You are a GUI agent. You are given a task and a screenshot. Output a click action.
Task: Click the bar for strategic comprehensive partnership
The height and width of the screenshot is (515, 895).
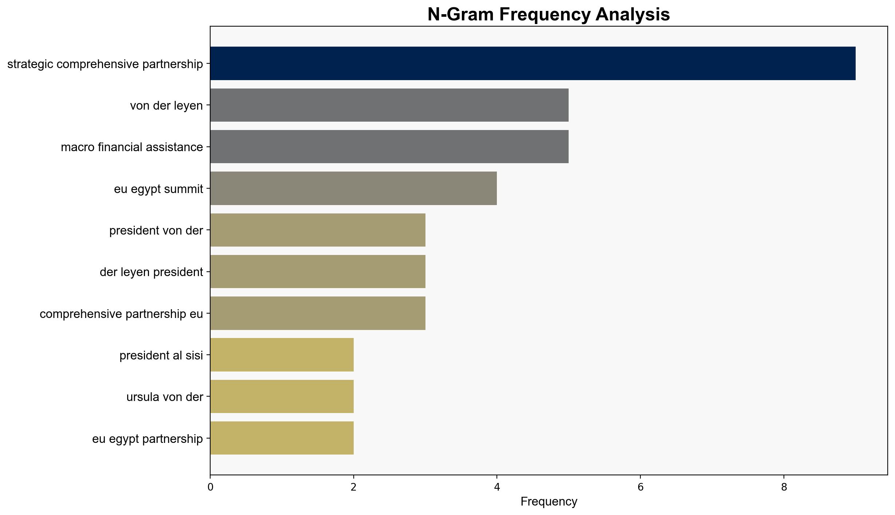point(533,63)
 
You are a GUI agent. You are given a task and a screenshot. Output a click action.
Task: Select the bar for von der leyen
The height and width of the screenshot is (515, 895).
point(389,105)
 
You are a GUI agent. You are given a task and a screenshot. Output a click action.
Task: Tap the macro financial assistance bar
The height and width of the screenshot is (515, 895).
point(389,147)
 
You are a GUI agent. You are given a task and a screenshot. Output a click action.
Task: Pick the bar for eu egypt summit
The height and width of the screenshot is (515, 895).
point(354,188)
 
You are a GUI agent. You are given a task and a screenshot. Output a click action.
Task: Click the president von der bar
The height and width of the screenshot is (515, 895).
point(318,230)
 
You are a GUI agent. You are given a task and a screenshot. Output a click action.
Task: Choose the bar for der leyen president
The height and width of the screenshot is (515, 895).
point(318,272)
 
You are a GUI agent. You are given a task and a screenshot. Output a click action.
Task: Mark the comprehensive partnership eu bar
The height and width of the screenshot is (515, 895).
point(318,313)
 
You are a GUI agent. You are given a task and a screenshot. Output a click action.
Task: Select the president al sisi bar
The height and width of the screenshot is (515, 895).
point(282,355)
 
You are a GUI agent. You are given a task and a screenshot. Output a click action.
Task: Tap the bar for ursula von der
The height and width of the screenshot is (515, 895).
point(282,397)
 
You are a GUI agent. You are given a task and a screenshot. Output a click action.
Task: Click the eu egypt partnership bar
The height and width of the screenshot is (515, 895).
point(282,438)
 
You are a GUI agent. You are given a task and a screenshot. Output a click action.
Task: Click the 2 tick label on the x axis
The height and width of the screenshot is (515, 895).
point(353,487)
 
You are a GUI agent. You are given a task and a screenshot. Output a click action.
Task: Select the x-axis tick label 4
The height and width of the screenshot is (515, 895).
point(497,487)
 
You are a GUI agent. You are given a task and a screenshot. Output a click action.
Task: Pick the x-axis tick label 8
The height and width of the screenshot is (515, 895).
point(784,487)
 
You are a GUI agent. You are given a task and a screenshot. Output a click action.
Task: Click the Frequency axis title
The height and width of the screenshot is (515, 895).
point(549,502)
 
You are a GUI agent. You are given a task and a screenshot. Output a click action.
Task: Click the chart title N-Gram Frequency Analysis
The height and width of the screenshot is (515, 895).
point(549,15)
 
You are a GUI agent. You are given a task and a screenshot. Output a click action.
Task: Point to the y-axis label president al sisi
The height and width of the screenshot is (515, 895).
point(161,355)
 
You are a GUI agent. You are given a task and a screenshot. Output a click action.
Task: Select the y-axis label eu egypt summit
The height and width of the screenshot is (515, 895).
point(158,189)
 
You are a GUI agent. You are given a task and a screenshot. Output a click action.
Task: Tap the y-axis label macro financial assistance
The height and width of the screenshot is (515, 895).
point(132,147)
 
